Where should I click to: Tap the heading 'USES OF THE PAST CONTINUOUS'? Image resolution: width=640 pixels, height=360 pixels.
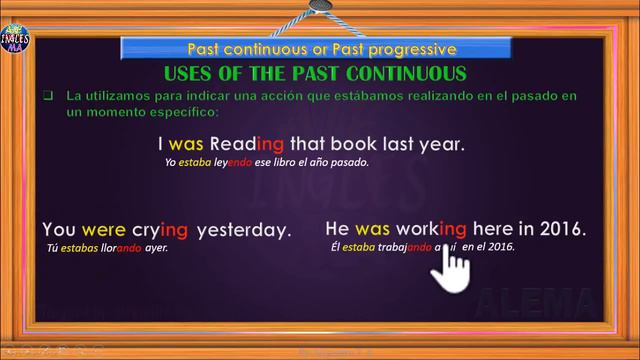point(314,73)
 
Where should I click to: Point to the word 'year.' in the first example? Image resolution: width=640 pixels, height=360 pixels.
point(441,143)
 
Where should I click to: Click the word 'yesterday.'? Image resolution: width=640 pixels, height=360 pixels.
point(244,229)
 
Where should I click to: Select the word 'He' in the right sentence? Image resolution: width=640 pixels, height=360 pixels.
point(337,228)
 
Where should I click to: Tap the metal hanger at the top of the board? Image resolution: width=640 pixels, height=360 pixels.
point(320,8)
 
